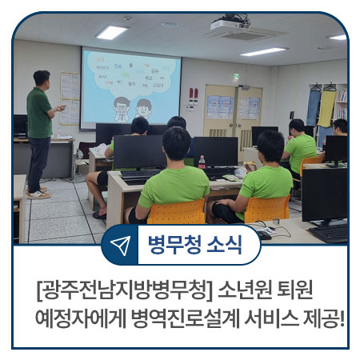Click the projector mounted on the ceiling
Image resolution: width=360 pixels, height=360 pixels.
click(229, 28)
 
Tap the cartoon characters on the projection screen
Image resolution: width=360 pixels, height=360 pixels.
click(132, 106)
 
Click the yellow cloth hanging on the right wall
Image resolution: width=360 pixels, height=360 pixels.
click(326, 106)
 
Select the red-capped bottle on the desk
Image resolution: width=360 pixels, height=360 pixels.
click(201, 163)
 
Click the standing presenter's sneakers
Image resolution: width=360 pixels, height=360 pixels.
click(38, 193)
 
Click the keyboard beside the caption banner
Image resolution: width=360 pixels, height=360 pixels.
click(329, 232)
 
